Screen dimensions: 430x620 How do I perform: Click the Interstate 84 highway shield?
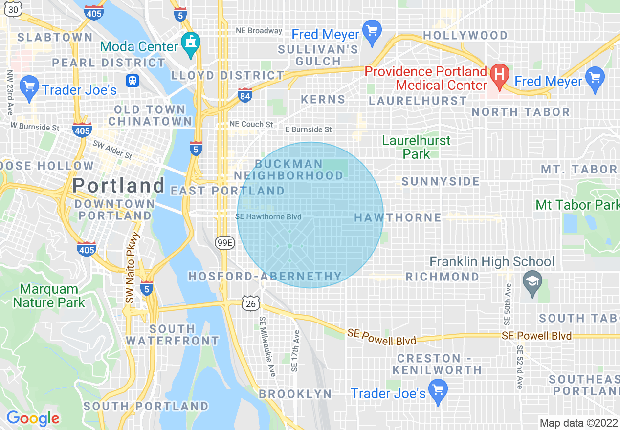(245, 95)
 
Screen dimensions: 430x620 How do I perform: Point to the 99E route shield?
(225, 242)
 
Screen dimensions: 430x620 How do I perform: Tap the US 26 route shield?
(250, 303)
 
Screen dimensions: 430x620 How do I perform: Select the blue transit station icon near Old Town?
(132, 80)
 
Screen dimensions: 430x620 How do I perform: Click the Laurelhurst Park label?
(416, 147)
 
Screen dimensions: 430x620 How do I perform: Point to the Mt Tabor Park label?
(577, 204)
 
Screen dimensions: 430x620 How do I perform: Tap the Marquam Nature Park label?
(49, 296)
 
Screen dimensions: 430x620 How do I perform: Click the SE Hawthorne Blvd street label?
(268, 216)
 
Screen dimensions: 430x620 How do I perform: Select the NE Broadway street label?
(259, 30)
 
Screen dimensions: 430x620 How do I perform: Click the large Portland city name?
(118, 185)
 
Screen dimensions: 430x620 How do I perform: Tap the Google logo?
(33, 418)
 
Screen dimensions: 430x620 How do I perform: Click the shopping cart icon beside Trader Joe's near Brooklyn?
(438, 390)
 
